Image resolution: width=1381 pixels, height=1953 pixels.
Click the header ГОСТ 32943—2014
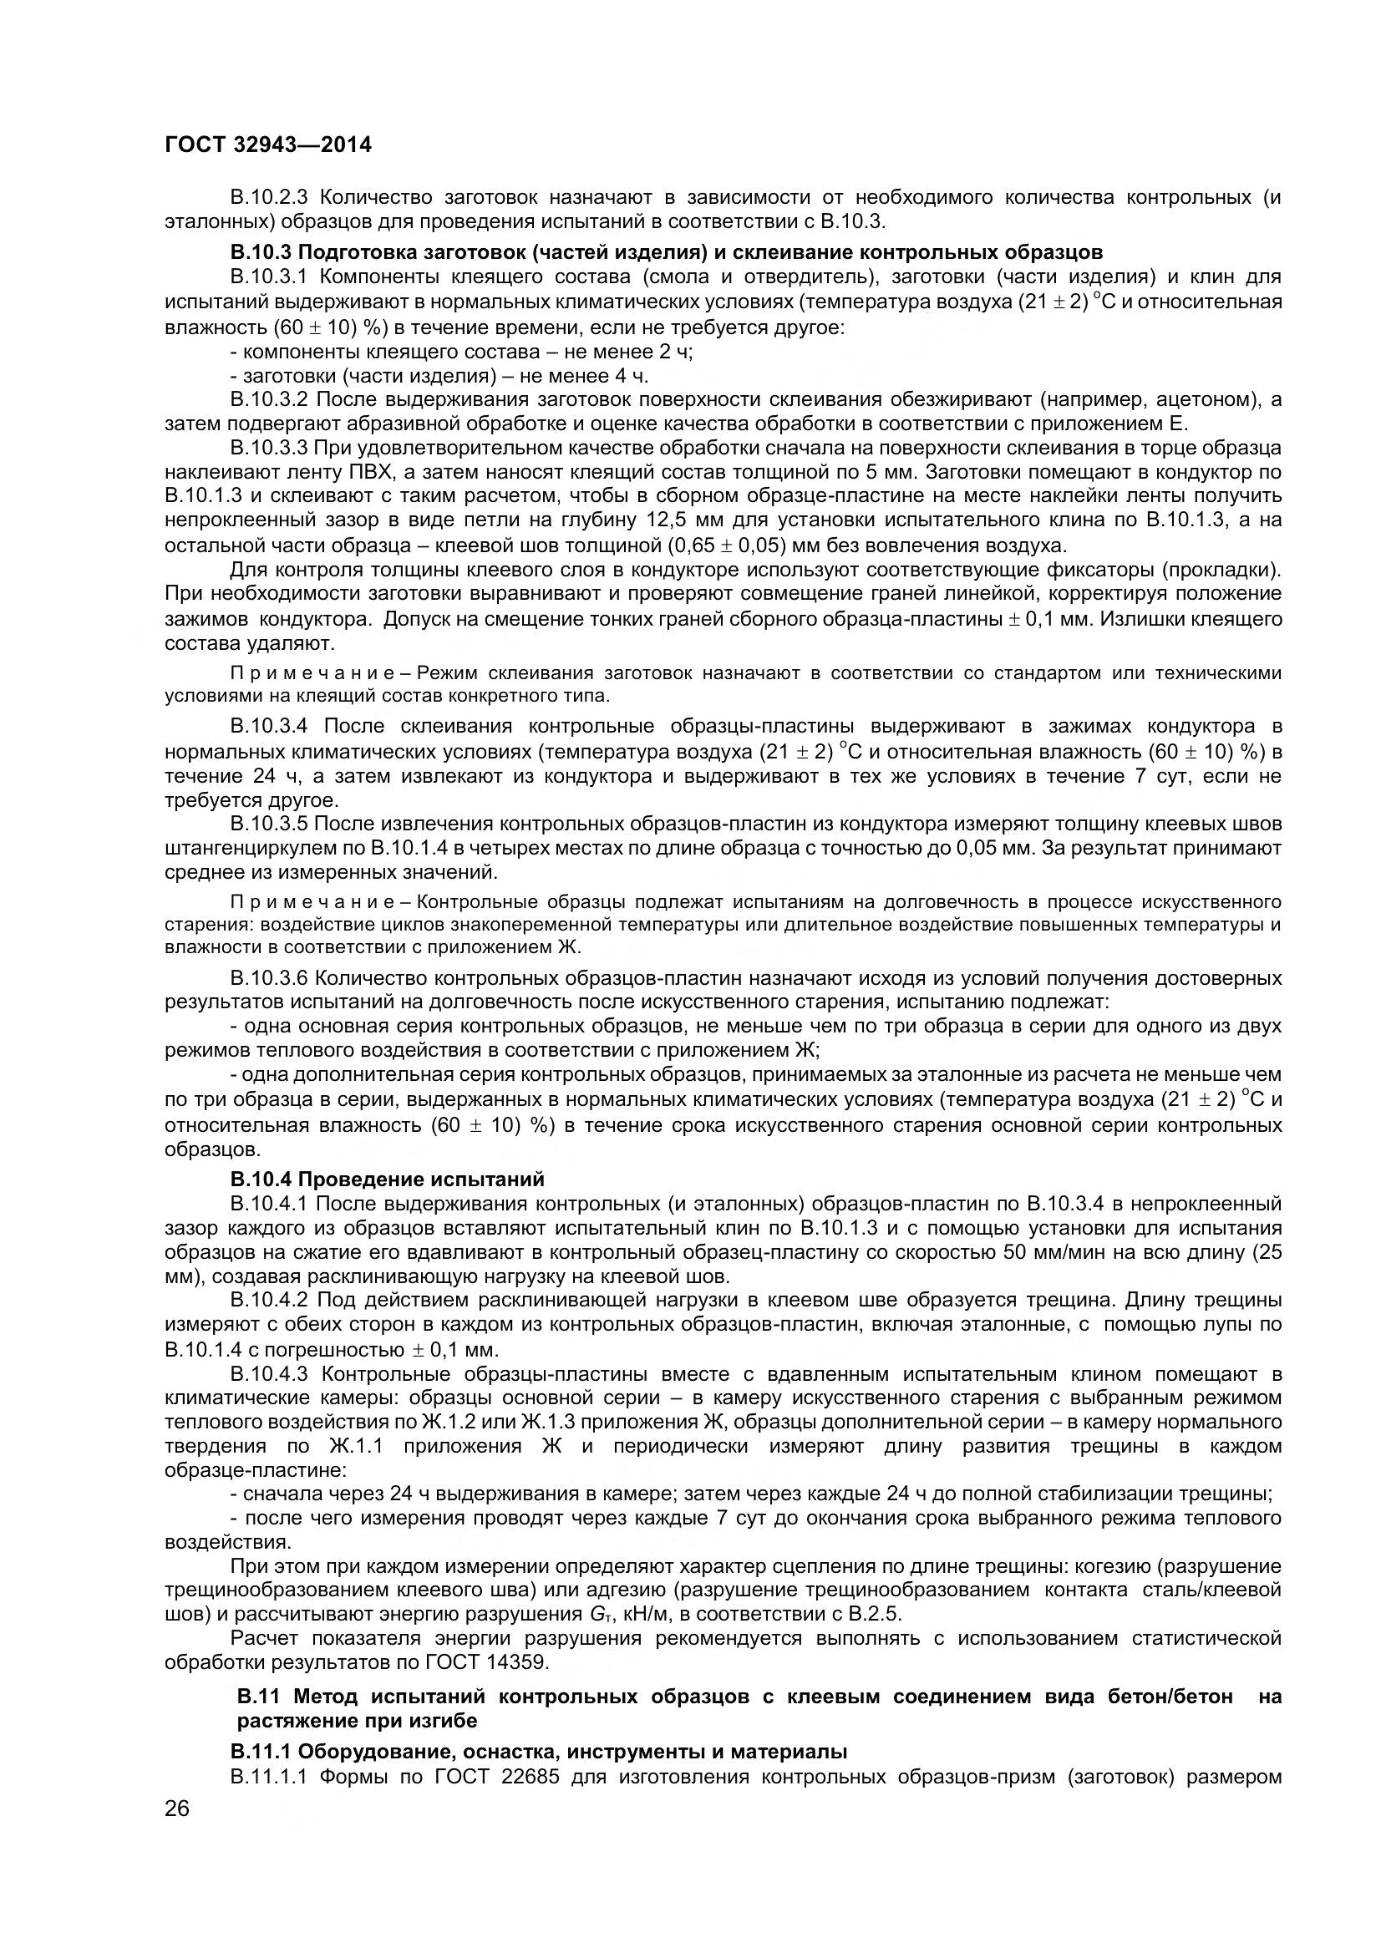point(268,145)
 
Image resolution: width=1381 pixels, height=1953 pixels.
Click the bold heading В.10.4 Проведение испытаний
point(387,1179)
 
